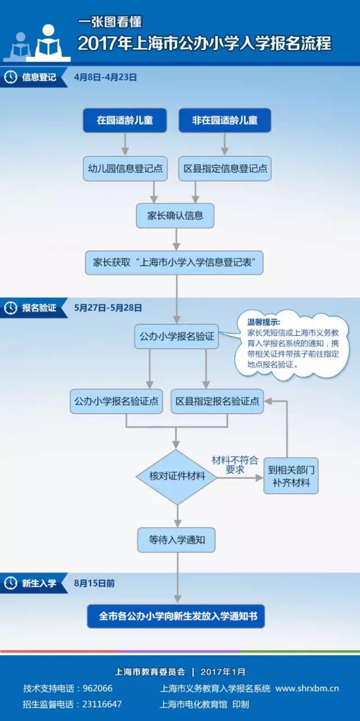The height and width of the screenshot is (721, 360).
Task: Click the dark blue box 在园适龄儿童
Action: tap(124, 120)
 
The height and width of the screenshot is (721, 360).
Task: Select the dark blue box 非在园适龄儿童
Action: tap(224, 120)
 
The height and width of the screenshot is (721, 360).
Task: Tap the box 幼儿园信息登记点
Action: tap(125, 168)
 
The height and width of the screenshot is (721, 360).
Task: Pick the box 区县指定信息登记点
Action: tap(225, 168)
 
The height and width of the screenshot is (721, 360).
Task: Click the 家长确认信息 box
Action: tap(175, 215)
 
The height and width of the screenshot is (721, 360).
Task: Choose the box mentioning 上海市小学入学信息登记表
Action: tap(175, 262)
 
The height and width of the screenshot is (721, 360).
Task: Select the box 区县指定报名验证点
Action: tap(217, 402)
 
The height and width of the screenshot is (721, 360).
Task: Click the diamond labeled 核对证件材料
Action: tap(177, 477)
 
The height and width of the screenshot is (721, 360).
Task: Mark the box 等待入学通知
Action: tap(177, 538)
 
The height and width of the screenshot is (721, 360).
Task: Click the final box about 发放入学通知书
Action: tap(176, 616)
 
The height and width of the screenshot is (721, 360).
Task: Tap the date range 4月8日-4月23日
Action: tap(105, 78)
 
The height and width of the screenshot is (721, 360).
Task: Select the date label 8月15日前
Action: tap(94, 583)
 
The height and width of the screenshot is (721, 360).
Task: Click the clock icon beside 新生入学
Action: tap(10, 583)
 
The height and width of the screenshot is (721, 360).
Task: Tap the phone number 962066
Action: tap(97, 688)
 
